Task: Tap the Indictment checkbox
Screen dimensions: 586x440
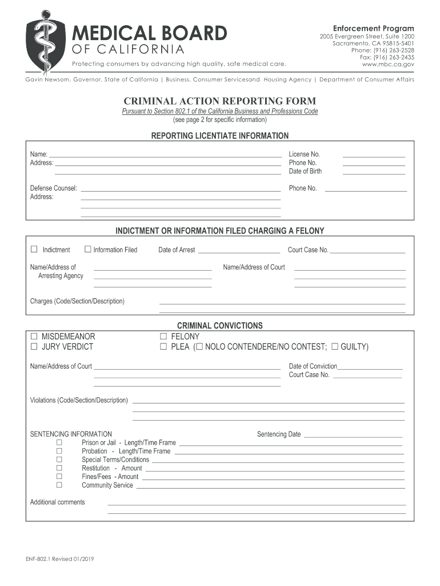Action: click(34, 249)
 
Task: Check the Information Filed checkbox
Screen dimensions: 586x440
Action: click(88, 249)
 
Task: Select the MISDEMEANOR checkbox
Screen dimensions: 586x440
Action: click(34, 336)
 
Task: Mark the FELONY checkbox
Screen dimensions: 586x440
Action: click(163, 336)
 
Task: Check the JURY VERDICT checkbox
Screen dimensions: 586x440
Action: click(34, 346)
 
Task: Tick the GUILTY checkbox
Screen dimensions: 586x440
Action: click(335, 346)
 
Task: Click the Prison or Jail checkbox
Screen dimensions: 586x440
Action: click(59, 442)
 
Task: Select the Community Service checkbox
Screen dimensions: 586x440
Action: click(59, 485)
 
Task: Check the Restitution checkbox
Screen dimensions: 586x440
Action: click(59, 468)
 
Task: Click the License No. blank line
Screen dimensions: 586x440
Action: click(373, 156)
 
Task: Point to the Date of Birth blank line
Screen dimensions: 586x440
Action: click(373, 173)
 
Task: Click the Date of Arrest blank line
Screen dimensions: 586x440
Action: click(238, 252)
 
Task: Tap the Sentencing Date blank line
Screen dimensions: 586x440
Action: click(353, 436)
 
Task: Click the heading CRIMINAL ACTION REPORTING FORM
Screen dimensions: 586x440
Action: click(219, 101)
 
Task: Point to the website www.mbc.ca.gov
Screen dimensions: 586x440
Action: click(388, 65)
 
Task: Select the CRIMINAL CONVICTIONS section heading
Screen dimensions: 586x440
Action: click(219, 326)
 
